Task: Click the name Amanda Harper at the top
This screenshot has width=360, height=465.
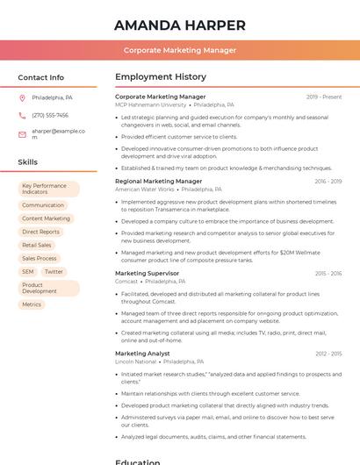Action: (180, 25)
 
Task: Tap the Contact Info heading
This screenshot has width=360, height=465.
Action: (40, 77)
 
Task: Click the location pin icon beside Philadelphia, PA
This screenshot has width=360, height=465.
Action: (22, 97)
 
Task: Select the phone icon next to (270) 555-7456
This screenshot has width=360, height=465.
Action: (22, 115)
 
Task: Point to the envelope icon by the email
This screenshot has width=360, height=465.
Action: (22, 134)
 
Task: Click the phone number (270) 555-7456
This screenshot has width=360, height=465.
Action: (50, 115)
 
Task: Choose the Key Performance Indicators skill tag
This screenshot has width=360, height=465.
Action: (48, 189)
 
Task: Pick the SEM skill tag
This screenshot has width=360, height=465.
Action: (28, 272)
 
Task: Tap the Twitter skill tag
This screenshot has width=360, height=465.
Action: (54, 272)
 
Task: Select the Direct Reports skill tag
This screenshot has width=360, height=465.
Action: (41, 232)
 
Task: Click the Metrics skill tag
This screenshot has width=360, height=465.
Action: (32, 304)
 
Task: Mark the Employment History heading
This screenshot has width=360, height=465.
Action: (161, 77)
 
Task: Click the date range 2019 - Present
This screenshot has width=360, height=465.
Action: (324, 97)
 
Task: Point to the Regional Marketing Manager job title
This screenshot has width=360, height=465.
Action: (158, 181)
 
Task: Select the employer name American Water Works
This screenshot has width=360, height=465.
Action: (145, 189)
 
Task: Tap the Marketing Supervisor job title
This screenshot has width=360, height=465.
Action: (147, 273)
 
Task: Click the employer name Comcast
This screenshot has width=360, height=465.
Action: (126, 281)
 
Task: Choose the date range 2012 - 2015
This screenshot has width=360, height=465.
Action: (328, 354)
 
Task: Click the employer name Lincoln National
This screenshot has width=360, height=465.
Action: (135, 361)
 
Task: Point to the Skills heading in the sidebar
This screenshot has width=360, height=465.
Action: (28, 162)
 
